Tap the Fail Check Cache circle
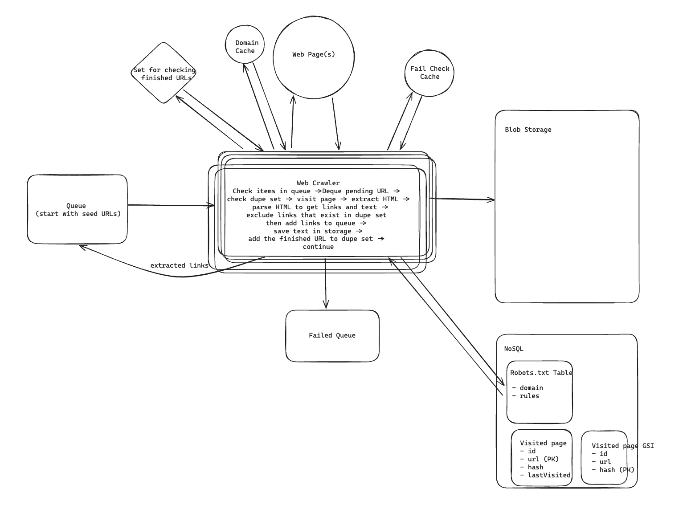[x=429, y=73]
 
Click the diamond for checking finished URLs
[x=164, y=73]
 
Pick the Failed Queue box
[x=332, y=335]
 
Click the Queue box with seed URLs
[x=77, y=209]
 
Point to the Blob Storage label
[x=528, y=130]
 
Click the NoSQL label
[x=514, y=349]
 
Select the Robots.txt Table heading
[x=541, y=373]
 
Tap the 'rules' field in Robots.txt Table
[x=529, y=396]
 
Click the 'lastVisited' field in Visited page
[x=549, y=475]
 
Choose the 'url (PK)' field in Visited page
[x=543, y=459]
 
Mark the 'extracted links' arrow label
[x=179, y=265]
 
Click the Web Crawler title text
[x=318, y=183]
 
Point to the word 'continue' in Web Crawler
[x=318, y=247]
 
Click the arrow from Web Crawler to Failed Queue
[x=326, y=283]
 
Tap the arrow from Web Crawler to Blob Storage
[x=462, y=199]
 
